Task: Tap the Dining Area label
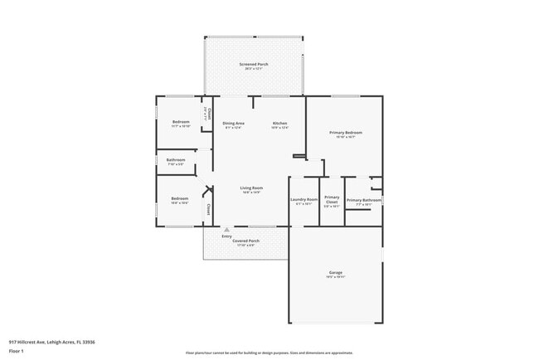(233, 124)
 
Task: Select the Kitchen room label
(279, 124)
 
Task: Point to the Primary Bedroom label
(346, 133)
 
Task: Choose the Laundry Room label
(303, 200)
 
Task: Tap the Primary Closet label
(332, 199)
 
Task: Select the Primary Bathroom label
(364, 200)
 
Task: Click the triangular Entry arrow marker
(226, 230)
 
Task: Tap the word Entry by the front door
(226, 236)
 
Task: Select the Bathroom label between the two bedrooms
(175, 160)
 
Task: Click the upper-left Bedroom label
(181, 123)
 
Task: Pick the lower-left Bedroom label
(180, 199)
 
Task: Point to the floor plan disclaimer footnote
(269, 352)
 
